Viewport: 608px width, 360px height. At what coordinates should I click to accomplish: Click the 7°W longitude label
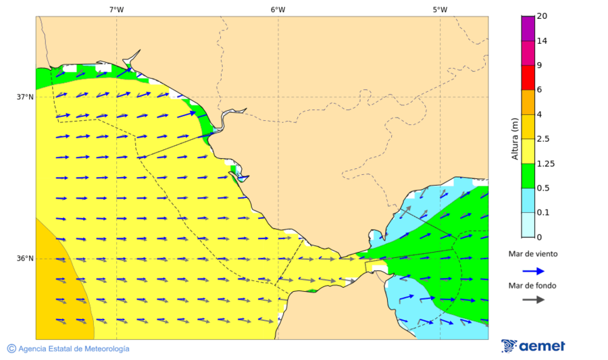click(116, 9)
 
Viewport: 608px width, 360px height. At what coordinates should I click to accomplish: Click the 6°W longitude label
click(278, 9)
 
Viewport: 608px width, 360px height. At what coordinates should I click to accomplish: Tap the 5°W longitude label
click(440, 9)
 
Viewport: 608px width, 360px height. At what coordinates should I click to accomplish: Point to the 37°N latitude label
click(25, 97)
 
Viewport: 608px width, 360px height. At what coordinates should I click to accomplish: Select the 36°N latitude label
click(25, 259)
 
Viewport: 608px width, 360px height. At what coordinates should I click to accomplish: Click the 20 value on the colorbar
click(541, 16)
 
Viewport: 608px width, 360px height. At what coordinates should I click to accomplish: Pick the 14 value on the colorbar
click(541, 41)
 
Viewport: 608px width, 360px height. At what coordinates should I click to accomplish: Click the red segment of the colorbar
click(528, 78)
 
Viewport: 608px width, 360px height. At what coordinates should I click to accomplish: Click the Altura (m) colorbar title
click(515, 138)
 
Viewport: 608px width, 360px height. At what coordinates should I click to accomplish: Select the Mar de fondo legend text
click(532, 286)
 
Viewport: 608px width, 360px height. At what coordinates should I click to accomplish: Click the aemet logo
click(534, 346)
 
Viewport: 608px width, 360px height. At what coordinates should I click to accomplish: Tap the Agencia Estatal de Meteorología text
click(74, 349)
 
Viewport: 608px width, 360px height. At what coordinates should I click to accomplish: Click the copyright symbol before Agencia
click(11, 349)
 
